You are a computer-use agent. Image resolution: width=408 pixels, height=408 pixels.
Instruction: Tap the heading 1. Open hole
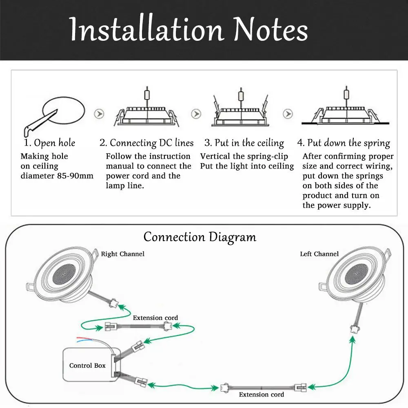click(x=49, y=143)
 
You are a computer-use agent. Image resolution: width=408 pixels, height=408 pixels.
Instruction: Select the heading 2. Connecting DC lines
click(x=146, y=143)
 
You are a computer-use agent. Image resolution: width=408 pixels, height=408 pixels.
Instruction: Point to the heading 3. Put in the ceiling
click(x=244, y=143)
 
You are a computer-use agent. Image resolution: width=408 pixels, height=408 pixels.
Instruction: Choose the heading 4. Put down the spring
click(x=344, y=143)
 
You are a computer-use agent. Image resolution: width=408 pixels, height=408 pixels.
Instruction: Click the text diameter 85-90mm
click(x=57, y=176)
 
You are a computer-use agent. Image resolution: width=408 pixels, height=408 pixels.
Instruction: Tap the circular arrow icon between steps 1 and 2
click(x=98, y=113)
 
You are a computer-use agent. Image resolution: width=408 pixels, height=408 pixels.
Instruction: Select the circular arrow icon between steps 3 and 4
click(x=288, y=113)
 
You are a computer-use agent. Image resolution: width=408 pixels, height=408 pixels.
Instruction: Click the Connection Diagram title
click(x=200, y=237)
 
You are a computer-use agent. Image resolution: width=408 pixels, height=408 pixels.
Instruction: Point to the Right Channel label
click(x=122, y=254)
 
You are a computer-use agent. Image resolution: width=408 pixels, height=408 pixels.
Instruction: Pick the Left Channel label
click(x=319, y=254)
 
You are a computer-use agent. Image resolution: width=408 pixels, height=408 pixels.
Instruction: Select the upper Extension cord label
click(x=155, y=318)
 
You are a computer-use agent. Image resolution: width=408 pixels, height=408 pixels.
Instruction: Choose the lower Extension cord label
click(x=261, y=395)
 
